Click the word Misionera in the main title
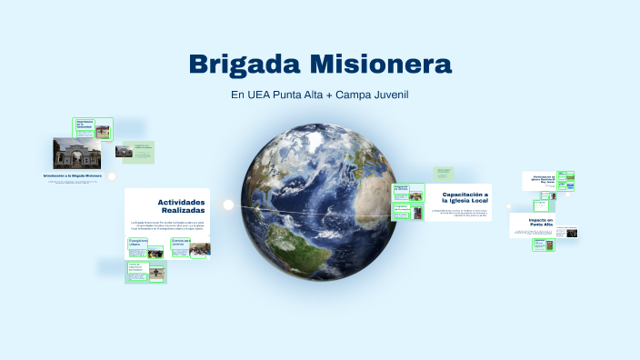click(x=381, y=65)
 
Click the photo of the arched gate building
click(x=76, y=153)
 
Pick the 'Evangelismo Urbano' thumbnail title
click(x=139, y=244)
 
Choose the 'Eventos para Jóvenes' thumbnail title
click(x=181, y=244)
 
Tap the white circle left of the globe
click(x=229, y=205)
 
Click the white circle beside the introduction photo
click(x=112, y=176)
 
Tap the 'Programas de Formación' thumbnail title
click(x=401, y=208)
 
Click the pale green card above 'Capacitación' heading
click(x=443, y=172)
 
